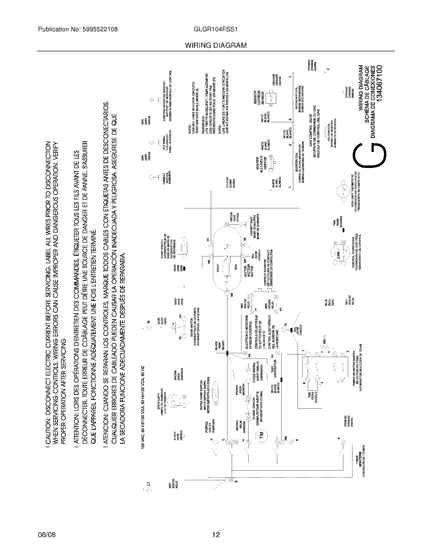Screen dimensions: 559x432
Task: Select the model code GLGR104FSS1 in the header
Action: pos(216,29)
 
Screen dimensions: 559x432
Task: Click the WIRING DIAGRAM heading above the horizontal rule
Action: pos(216,45)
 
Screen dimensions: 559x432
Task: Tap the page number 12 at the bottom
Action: pos(216,535)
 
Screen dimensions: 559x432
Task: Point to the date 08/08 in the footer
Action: pos(47,535)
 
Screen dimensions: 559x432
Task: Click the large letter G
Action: pos(369,156)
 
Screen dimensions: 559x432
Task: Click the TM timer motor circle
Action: pos(262,435)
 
